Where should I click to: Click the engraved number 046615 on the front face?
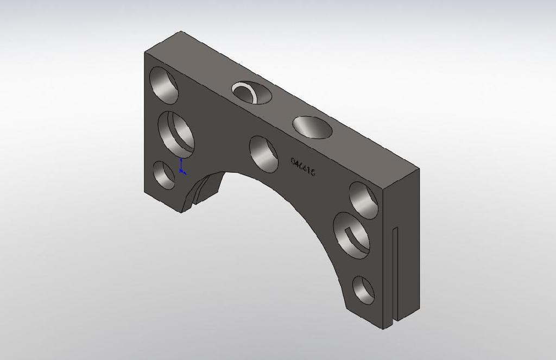tap(303, 167)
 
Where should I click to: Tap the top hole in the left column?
tap(164, 85)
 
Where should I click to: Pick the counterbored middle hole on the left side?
tap(176, 134)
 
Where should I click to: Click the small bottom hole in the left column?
tap(163, 175)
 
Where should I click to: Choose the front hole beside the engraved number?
tap(263, 154)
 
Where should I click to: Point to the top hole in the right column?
tap(363, 200)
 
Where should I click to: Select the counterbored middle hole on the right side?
tap(352, 236)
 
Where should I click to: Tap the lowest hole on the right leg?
tap(363, 290)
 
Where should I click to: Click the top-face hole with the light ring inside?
tap(252, 92)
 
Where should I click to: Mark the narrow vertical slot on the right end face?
tap(395, 271)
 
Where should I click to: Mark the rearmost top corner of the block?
tap(180, 32)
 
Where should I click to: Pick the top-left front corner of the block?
tap(145, 53)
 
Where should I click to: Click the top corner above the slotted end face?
tap(419, 169)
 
